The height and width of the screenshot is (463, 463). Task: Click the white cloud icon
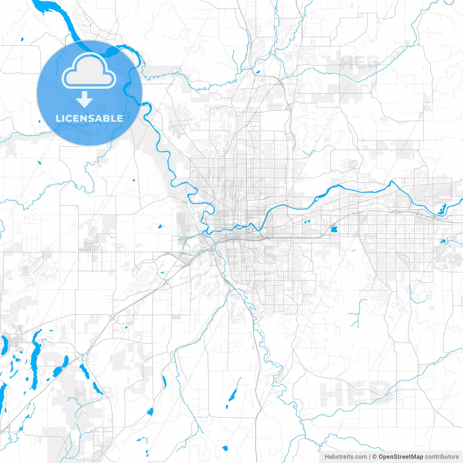(x=89, y=71)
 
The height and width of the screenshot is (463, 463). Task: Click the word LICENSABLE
(x=89, y=118)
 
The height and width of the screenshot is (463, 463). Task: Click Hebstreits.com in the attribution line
(x=345, y=457)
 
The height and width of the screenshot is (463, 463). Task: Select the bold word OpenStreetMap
(x=401, y=457)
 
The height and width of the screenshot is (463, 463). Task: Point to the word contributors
(x=442, y=457)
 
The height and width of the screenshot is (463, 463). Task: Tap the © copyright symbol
(x=375, y=457)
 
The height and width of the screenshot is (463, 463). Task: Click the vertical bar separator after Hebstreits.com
(x=370, y=457)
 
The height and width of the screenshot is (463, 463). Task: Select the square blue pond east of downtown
(x=334, y=229)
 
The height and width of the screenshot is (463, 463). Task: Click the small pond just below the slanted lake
(x=227, y=407)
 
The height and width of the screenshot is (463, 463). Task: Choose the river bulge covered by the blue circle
(x=105, y=51)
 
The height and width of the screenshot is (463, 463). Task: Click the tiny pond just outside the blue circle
(x=22, y=39)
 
